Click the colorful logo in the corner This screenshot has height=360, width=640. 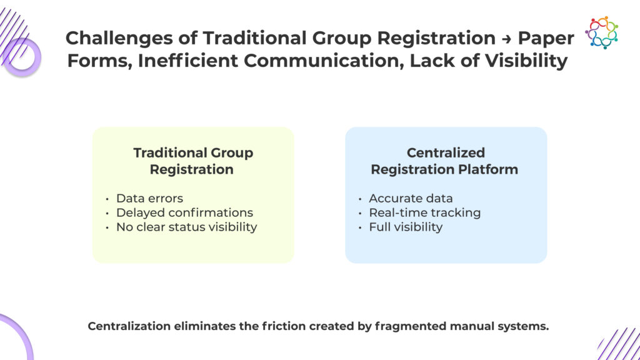click(601, 32)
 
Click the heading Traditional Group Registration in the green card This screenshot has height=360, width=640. click(192, 161)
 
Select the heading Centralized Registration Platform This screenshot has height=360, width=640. click(445, 161)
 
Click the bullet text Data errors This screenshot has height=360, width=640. click(149, 198)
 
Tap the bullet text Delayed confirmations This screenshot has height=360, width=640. click(184, 212)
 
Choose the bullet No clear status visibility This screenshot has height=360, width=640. click(186, 227)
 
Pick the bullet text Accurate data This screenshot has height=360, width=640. click(411, 198)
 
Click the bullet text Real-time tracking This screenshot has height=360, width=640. click(424, 212)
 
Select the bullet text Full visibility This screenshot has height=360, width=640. click(405, 227)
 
